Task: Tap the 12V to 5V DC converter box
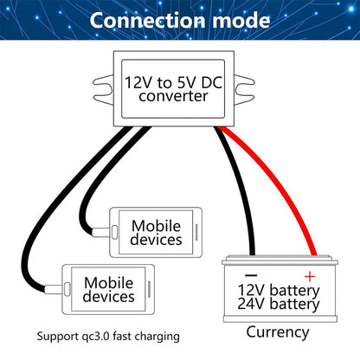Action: [x=178, y=87]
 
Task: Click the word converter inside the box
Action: [x=178, y=96]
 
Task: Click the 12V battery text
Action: [x=278, y=288]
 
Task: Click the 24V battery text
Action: [x=278, y=304]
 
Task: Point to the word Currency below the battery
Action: [x=278, y=331]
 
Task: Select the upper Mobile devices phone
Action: [x=156, y=233]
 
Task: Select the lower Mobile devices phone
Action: [x=110, y=287]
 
